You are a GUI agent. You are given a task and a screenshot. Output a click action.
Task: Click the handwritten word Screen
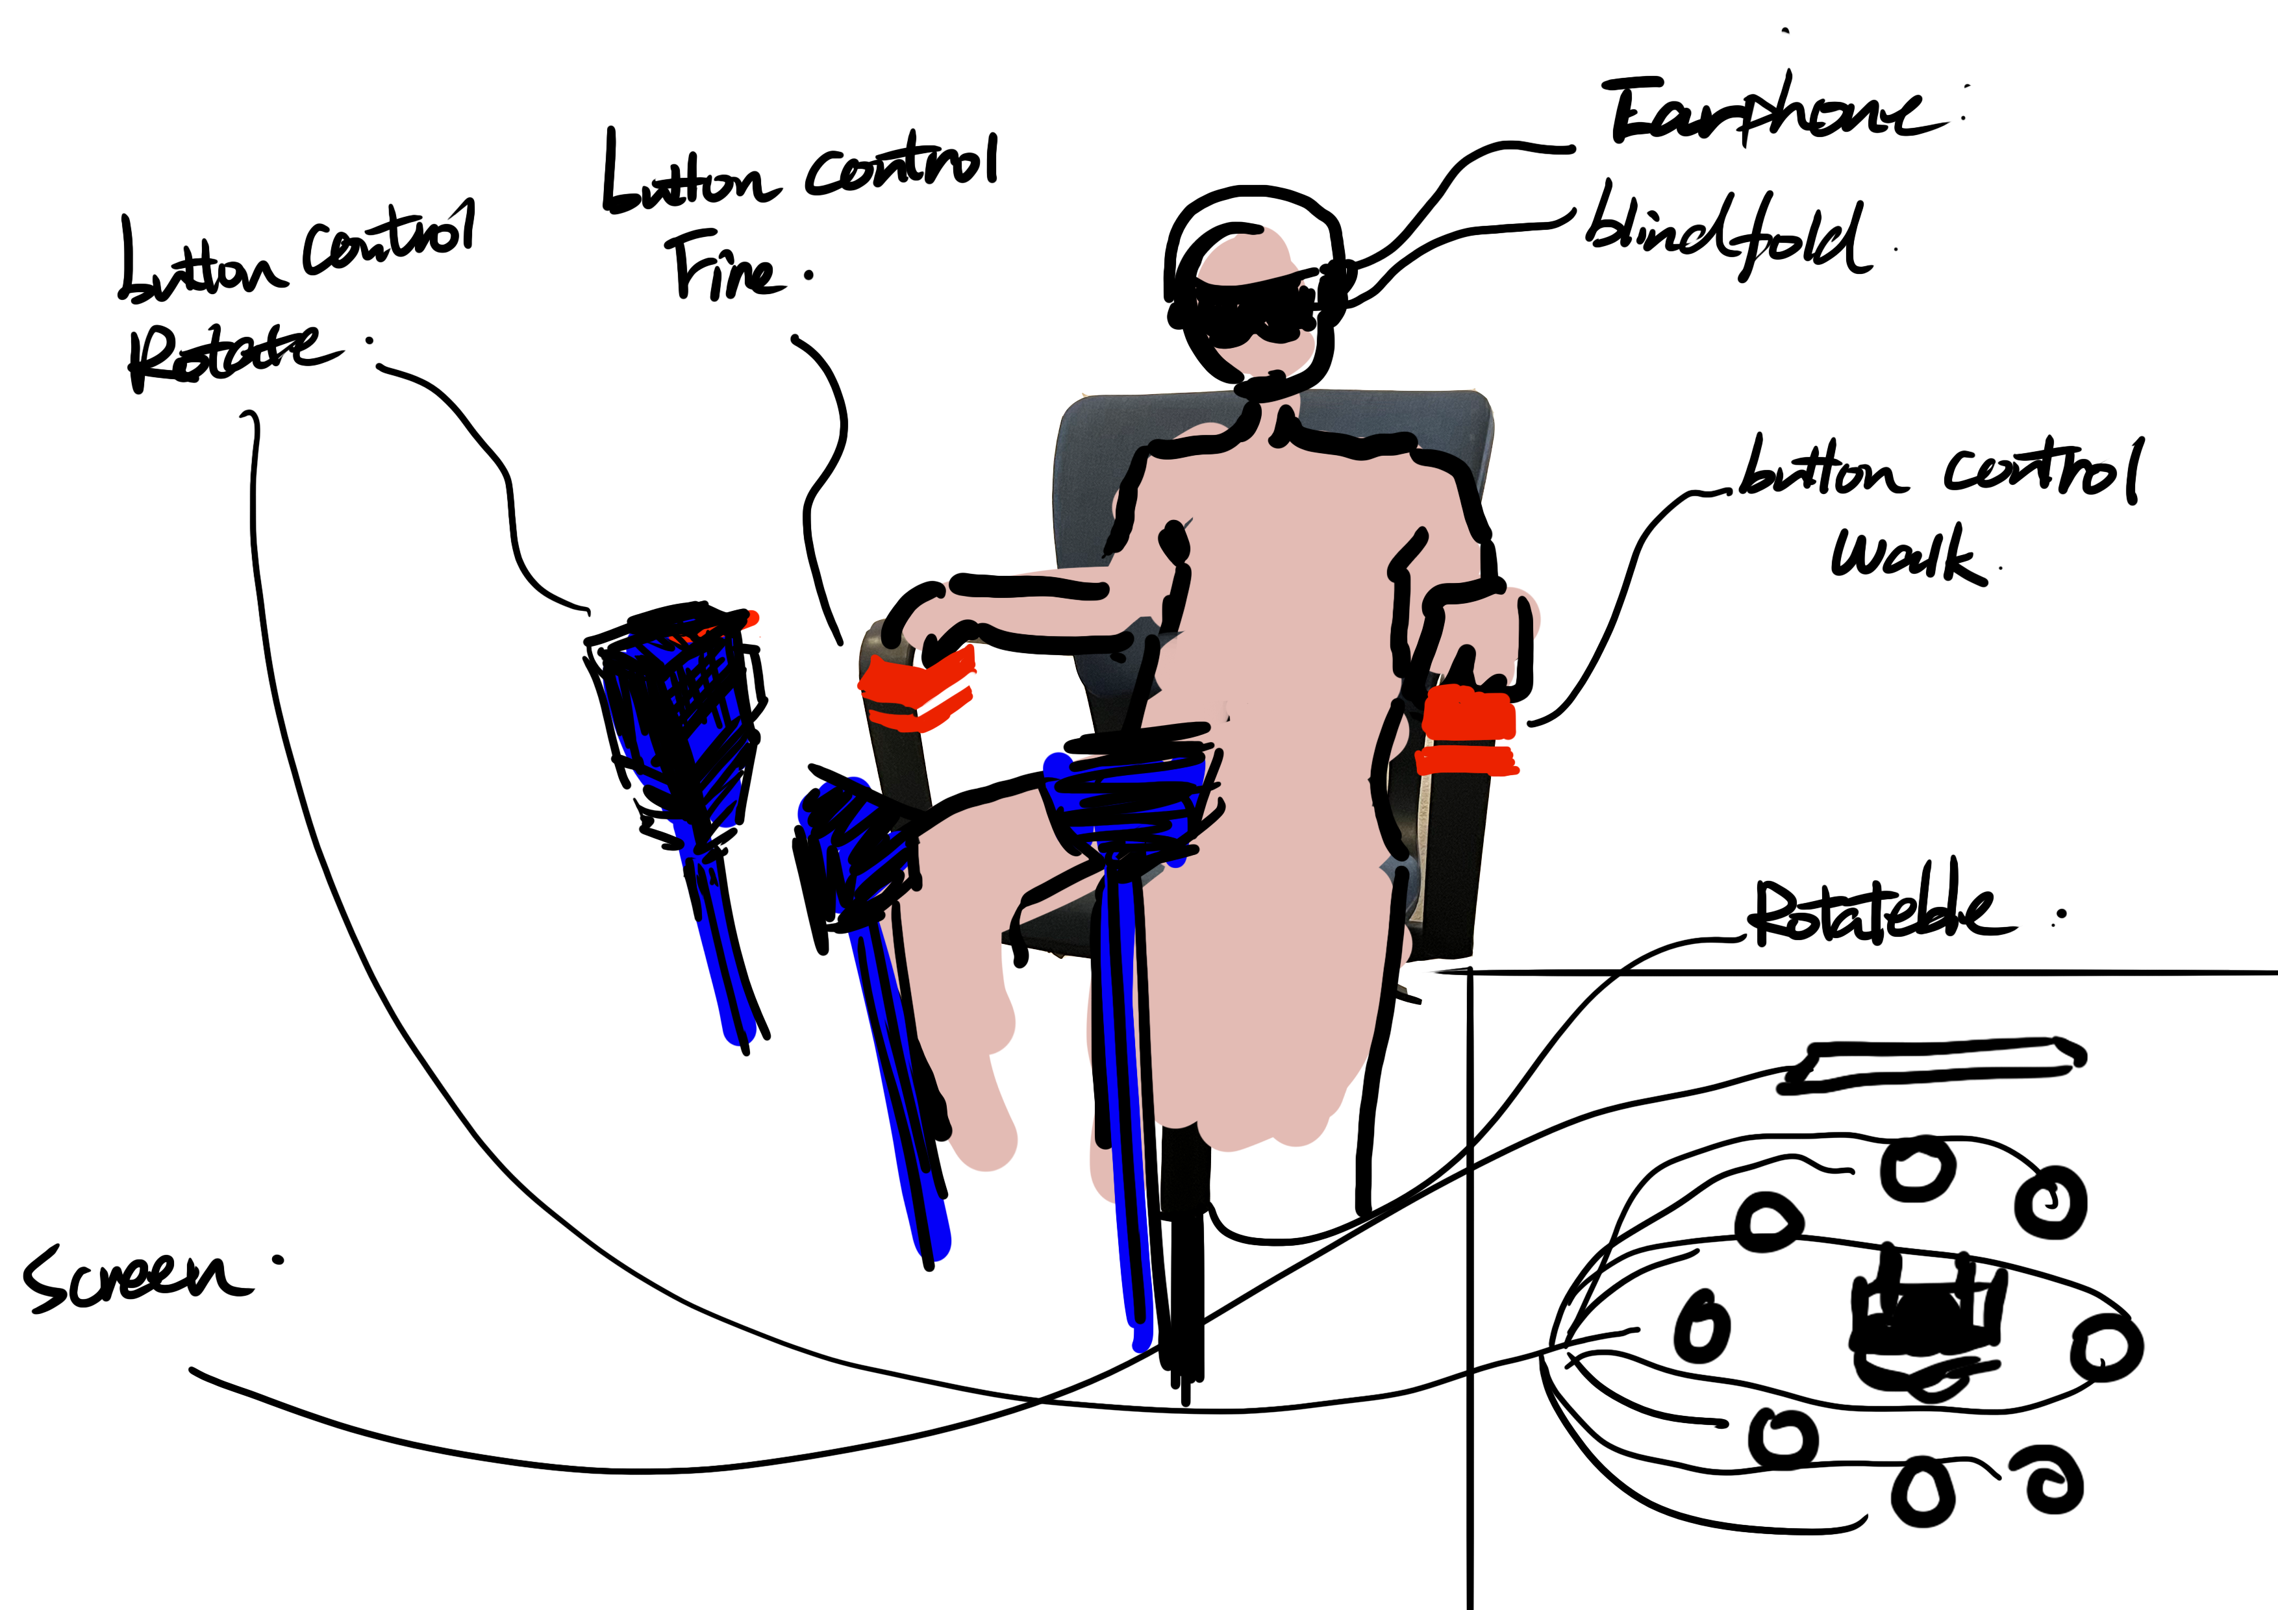[x=134, y=1279]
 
